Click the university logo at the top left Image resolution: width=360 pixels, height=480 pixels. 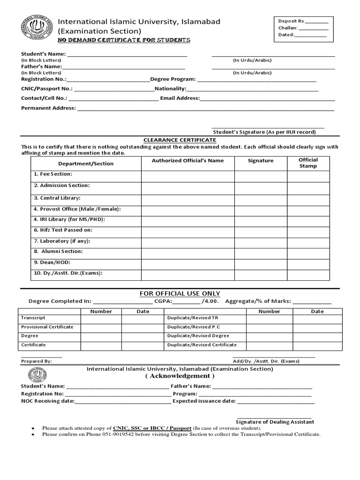point(36,30)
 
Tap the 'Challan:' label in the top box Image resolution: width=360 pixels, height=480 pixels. point(288,28)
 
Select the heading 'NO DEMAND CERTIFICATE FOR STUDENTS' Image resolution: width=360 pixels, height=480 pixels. point(124,40)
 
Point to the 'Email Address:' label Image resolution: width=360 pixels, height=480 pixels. point(180,98)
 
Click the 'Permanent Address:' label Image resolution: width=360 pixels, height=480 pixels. point(48,108)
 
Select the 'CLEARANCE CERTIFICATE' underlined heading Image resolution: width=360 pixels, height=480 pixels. point(180,140)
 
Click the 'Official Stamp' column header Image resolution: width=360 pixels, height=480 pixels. point(308,163)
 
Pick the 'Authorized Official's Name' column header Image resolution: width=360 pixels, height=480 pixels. point(187,161)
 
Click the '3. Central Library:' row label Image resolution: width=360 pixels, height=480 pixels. point(57,198)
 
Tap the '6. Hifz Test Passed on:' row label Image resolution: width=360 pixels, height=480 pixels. point(62,230)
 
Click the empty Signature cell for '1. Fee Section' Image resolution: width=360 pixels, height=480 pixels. point(261,176)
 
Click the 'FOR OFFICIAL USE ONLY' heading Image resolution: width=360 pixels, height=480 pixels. point(180,293)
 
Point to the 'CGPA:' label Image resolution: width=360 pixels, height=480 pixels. point(163,301)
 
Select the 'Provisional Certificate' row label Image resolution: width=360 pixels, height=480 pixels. point(47,327)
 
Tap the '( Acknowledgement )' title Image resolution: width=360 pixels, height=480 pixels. point(180,376)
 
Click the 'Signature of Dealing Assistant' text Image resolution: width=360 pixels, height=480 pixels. point(275,422)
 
